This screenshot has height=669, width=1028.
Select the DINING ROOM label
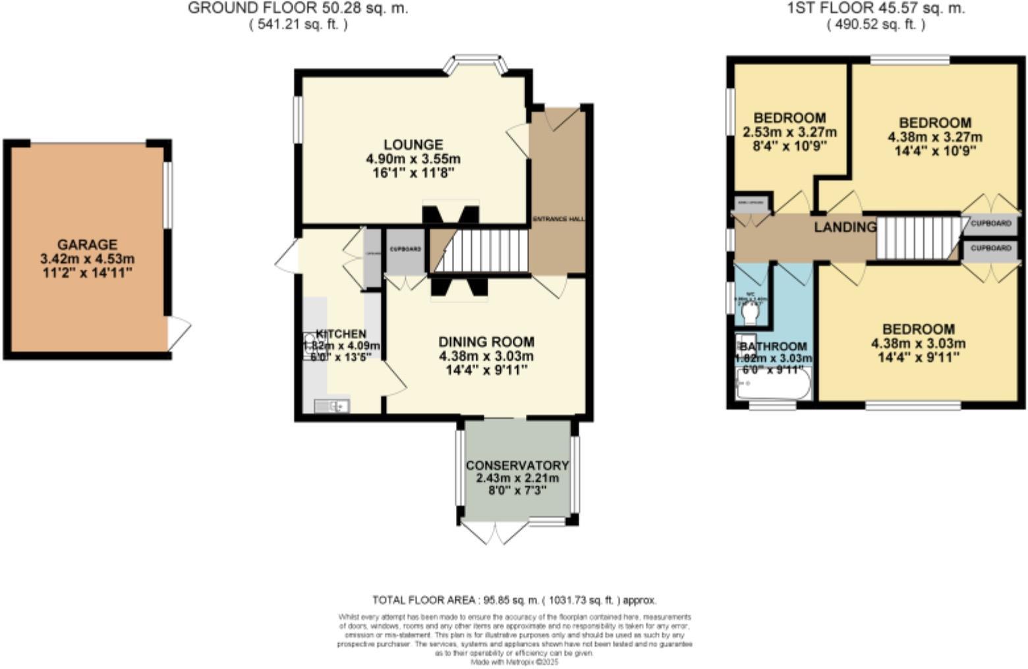coord(486,342)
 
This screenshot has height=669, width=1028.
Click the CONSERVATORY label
coord(517,465)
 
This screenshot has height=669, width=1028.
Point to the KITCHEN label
coord(341,333)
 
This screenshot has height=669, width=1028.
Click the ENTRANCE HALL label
coord(558,219)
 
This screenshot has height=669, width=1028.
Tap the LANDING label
coord(845,227)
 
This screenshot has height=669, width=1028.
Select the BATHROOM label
coord(774,346)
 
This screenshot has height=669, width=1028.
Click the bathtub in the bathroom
coord(773,385)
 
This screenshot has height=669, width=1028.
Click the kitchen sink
coord(331,406)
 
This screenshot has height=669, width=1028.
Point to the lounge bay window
coord(476,64)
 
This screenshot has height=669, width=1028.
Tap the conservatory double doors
coord(494,532)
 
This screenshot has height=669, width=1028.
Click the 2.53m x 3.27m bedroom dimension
coord(789,132)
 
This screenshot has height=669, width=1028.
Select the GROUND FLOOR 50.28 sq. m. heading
coord(298,9)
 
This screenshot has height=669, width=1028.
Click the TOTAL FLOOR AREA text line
coord(514,600)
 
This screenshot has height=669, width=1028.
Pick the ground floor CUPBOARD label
coord(405,250)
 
